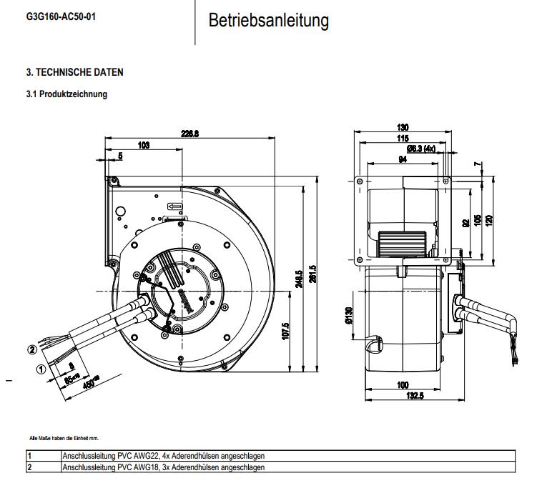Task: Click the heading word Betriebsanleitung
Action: tap(268, 21)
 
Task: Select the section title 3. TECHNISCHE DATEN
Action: tap(74, 72)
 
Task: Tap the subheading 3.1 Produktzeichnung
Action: tap(66, 94)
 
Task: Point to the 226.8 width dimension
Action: tap(190, 134)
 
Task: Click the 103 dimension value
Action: tap(143, 145)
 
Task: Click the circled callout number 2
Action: tap(31, 349)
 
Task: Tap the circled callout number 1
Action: tap(41, 369)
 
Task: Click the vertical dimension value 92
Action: tap(465, 224)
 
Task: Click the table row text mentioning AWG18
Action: tap(164, 467)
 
